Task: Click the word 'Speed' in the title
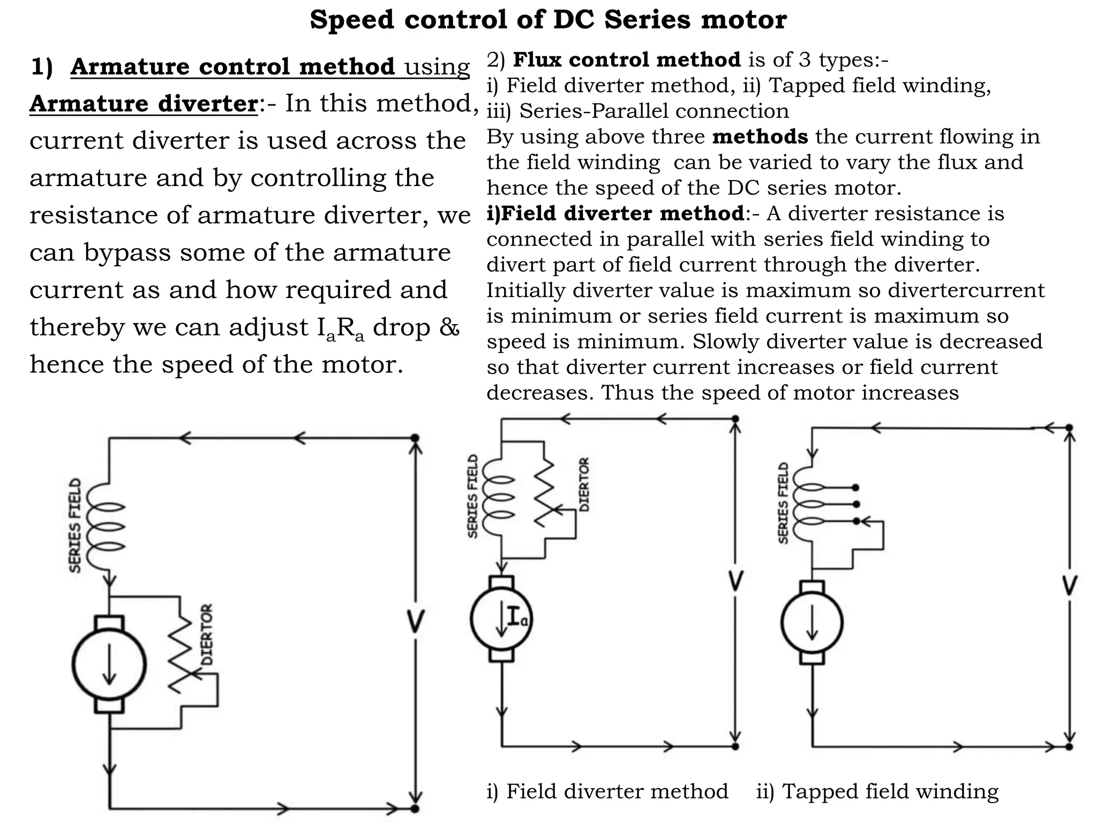351,20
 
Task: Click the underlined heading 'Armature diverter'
144,103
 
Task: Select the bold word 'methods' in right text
760,137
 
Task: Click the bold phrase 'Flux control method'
627,59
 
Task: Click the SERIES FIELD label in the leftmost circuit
76,525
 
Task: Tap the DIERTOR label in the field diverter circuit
584,484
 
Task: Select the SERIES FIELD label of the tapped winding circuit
783,503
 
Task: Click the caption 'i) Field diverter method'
607,791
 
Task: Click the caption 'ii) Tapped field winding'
877,791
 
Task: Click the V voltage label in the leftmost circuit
415,622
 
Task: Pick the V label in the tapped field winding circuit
1069,586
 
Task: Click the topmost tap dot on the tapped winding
855,488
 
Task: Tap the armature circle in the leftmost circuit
109,664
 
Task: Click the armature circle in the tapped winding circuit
812,623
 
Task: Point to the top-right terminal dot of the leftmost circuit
415,438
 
